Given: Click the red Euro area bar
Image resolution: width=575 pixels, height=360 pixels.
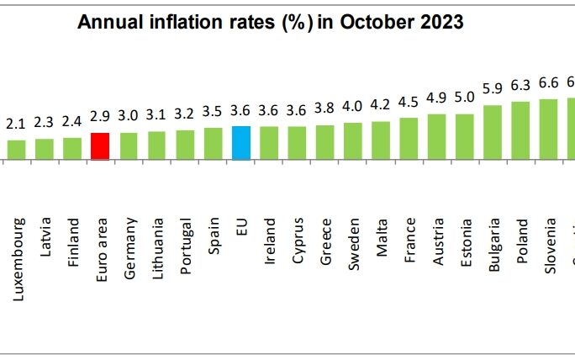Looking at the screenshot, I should point(100,146).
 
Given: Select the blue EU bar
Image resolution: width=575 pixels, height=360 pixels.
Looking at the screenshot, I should point(240,142).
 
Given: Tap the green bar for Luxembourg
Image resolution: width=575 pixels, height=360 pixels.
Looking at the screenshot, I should point(16,149).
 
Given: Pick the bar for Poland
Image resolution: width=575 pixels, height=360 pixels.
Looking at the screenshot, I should point(521,130).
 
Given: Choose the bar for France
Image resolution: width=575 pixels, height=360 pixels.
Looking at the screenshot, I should point(409,138).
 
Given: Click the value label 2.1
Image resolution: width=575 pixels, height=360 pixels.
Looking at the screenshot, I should point(16,124).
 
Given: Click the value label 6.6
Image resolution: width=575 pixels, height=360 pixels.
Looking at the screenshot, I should point(549,83).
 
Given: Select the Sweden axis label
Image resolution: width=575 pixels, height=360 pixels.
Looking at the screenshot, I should point(353,243).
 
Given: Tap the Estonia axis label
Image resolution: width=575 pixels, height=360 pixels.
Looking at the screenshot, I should point(466,242).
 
